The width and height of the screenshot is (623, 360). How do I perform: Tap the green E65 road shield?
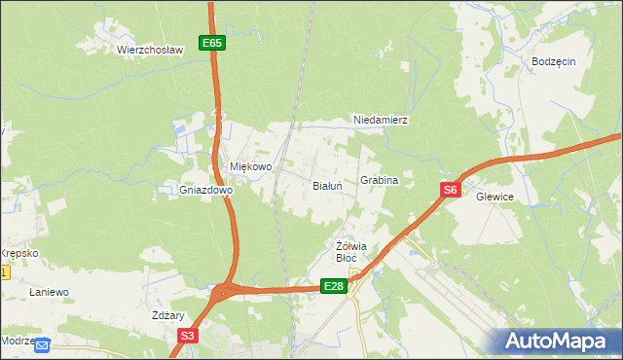pos(213,43)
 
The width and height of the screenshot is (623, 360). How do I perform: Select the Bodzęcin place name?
pos(554,60)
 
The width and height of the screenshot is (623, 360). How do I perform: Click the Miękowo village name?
pos(250,166)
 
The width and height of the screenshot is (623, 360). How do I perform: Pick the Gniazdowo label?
pos(205,191)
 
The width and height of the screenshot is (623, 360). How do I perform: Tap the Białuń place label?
pos(327,185)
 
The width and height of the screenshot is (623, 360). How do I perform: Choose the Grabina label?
pos(380,181)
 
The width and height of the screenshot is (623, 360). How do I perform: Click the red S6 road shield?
pos(449,192)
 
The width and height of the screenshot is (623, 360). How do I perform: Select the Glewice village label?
pos(495,197)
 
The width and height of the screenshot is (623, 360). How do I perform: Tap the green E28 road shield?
pos(334,285)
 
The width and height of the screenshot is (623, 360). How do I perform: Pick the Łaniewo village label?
pos(49,292)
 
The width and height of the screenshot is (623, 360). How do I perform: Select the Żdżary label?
pos(168,315)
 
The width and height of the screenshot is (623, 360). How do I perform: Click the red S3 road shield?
pos(188,336)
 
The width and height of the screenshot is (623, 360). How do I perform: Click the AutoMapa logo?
pos(555,342)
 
